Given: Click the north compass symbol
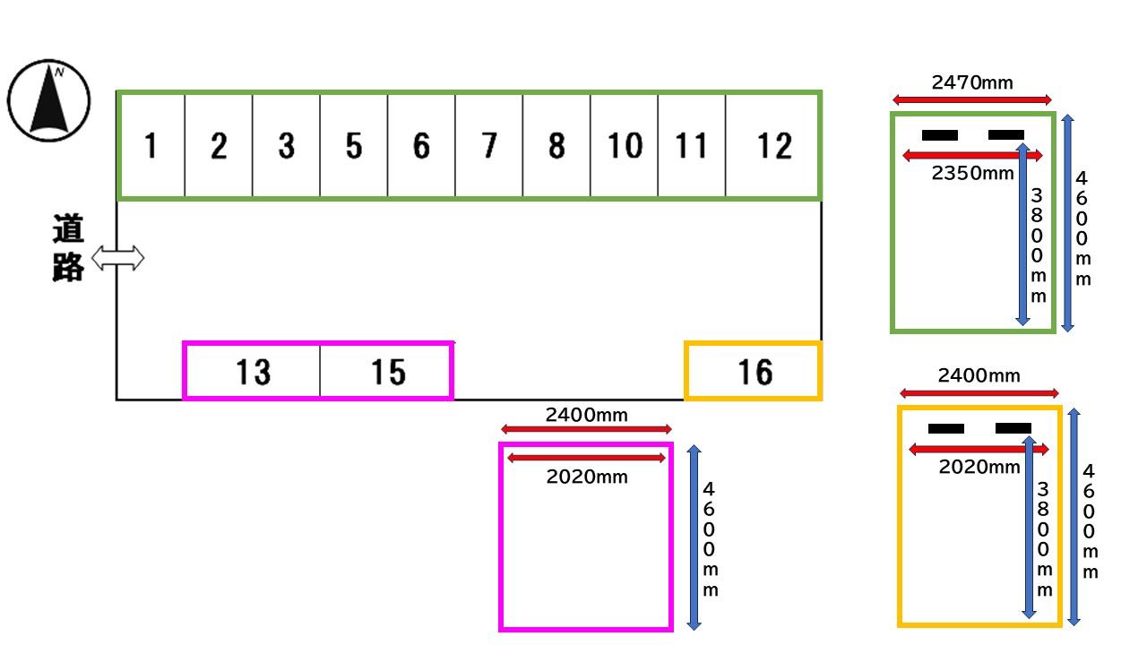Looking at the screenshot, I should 49,100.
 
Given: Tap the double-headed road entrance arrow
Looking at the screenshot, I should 118,259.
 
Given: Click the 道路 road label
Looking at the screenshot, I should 67,248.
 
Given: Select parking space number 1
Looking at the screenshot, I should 151,145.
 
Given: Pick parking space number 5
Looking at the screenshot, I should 354,145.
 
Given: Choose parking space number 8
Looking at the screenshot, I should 556,145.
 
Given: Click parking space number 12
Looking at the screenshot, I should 773,145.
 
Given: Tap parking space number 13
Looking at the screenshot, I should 253,371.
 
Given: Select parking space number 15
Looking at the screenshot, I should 387,371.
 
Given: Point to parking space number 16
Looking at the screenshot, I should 755,371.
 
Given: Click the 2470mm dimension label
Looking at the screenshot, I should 972,83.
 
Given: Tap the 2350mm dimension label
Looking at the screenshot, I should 972,173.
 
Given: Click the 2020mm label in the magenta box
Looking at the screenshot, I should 587,477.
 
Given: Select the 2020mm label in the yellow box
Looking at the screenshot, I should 979,467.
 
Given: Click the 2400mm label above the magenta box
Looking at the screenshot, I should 587,415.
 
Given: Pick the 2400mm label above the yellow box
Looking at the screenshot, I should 979,375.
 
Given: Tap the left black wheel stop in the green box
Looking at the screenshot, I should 940,135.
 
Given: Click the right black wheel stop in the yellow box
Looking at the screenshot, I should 1013,428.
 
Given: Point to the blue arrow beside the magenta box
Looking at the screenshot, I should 694,537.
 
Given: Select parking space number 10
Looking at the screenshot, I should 625,145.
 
